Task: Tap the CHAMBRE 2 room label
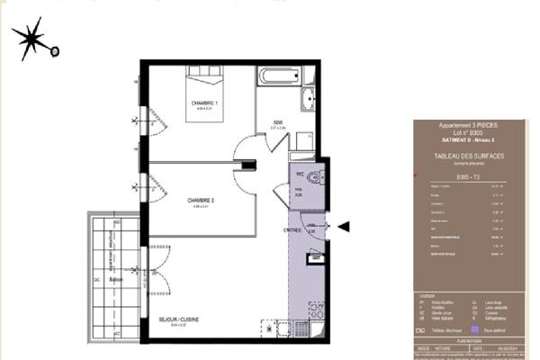[200, 200]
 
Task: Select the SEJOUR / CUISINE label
[178, 319]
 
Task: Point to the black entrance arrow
[344, 227]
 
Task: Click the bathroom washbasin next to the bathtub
[307, 101]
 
